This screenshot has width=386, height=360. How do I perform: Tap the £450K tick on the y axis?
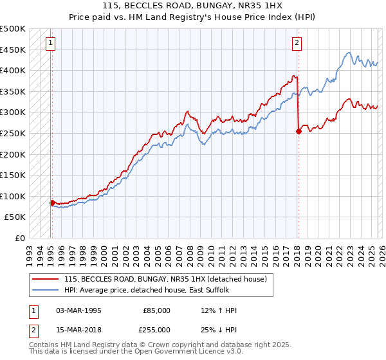(13, 50)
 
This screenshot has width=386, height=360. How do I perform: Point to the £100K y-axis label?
(13, 196)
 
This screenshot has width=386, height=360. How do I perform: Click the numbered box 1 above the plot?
(51, 43)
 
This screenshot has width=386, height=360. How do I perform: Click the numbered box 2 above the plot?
(297, 43)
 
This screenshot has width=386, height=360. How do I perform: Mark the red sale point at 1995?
(52, 203)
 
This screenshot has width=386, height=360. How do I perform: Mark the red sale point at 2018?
(299, 131)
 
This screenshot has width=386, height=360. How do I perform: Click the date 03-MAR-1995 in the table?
(78, 310)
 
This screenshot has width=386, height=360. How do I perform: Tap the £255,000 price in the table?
(156, 328)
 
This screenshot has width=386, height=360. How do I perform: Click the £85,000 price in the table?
(156, 310)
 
